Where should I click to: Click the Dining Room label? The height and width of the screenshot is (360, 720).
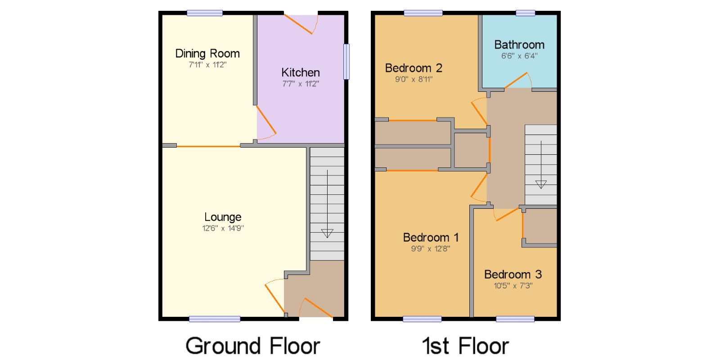click(x=207, y=54)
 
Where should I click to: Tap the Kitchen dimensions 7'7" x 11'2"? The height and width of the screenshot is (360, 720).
click(x=301, y=84)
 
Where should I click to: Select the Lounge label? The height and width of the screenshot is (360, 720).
click(x=223, y=217)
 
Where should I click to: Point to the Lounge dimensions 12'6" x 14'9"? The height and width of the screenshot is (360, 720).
click(x=223, y=228)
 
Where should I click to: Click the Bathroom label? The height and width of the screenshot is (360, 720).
click(x=519, y=45)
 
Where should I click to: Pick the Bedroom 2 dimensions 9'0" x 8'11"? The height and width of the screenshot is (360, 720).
click(x=414, y=79)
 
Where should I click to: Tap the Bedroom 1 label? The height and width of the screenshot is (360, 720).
click(x=431, y=238)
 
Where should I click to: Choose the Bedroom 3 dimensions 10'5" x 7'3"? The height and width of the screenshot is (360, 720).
click(x=513, y=286)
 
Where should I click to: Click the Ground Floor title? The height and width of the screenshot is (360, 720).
click(x=252, y=346)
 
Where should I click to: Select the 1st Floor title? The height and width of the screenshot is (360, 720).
click(x=465, y=346)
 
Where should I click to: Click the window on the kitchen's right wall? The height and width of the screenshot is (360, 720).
click(x=346, y=61)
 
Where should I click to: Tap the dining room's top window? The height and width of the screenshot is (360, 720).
click(x=205, y=13)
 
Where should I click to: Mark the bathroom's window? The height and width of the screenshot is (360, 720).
click(x=526, y=13)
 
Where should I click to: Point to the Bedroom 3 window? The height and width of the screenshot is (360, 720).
click(x=515, y=319)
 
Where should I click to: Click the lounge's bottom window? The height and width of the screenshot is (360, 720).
click(x=214, y=319)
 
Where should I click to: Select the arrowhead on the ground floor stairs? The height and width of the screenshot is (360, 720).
click(x=327, y=233)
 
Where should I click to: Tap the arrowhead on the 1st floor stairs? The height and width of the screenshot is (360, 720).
click(x=541, y=184)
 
